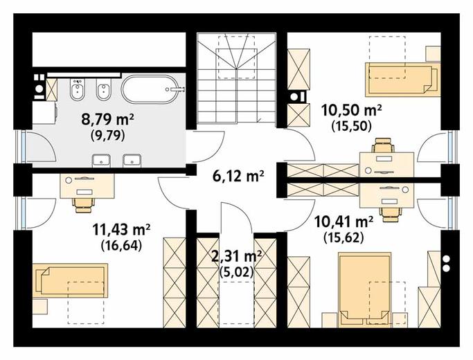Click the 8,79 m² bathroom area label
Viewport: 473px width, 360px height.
pyautogui.click(x=108, y=120)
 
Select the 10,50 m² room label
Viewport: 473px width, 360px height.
pyautogui.click(x=352, y=110)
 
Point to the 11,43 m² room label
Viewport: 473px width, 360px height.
pyautogui.click(x=121, y=230)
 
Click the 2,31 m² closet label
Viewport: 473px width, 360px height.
pyautogui.click(x=237, y=257)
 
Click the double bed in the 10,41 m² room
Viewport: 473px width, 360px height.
pyautogui.click(x=365, y=289)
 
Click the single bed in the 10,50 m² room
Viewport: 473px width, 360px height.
pyautogui.click(x=402, y=80)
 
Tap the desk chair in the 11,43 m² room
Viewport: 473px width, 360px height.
pyautogui.click(x=83, y=205)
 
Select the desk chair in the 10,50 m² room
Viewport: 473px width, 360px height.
pyautogui.click(x=383, y=145)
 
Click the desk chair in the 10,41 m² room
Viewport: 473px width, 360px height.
pyautogui.click(x=391, y=214)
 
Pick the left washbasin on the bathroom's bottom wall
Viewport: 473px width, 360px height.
pyautogui.click(x=102, y=161)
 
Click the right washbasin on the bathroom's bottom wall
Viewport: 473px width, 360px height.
pyautogui.click(x=132, y=161)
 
